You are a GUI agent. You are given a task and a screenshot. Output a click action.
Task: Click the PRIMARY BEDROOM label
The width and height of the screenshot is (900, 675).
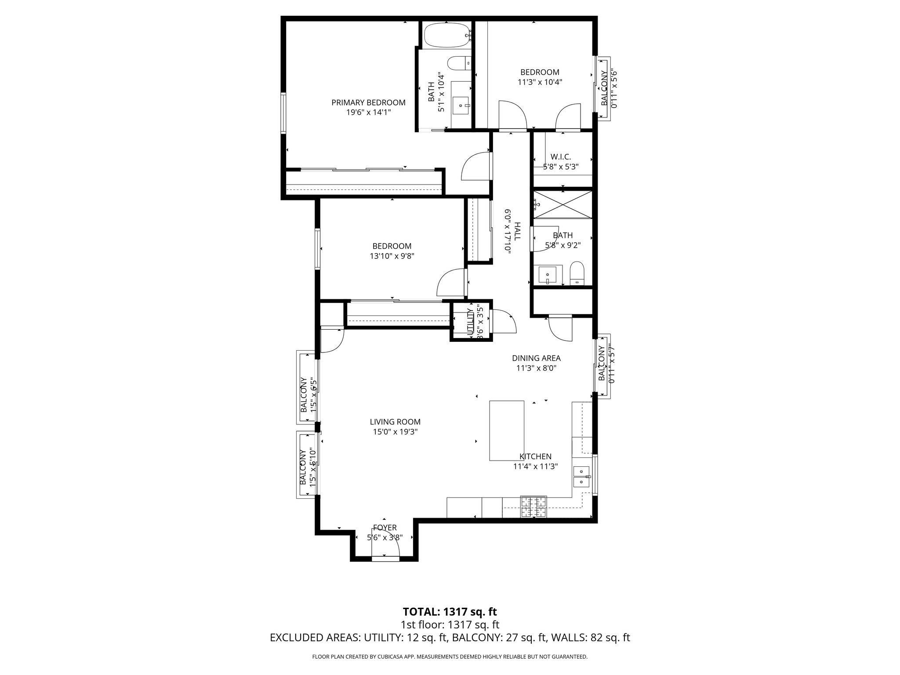[368, 102]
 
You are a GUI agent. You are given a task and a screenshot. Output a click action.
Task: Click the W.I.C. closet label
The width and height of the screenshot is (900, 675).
[560, 157]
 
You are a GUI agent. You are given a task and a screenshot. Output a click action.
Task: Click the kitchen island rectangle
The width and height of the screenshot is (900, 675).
[507, 430]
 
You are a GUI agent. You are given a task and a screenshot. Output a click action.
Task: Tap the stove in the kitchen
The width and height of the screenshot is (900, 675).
[534, 506]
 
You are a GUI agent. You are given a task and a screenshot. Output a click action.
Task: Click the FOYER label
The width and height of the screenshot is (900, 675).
[385, 527]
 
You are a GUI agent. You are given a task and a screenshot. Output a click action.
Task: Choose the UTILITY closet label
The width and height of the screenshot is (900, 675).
[469, 322]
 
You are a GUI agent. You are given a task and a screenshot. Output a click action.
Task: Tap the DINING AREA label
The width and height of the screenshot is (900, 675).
[536, 358]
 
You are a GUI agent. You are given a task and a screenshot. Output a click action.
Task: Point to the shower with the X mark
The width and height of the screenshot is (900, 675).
[563, 203]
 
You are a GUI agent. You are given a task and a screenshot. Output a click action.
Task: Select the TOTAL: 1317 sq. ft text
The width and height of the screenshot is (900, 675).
[450, 611]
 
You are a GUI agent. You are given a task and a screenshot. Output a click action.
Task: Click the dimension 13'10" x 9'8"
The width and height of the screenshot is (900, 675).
[392, 256]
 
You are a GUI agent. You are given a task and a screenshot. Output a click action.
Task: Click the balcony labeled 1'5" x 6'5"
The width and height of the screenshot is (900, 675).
[308, 387]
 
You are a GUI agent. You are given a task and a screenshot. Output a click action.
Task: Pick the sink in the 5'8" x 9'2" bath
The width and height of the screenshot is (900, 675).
[547, 276]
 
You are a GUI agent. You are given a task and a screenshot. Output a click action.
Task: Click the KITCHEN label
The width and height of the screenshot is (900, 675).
[535, 457]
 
